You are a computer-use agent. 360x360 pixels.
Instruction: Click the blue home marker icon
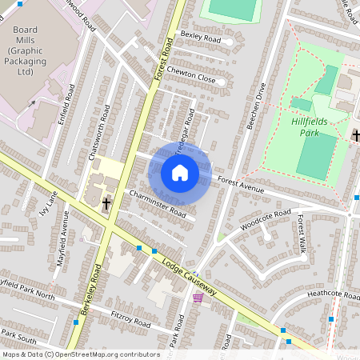point(180,173)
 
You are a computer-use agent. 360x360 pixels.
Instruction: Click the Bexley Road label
point(200,38)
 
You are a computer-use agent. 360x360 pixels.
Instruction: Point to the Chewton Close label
point(192,74)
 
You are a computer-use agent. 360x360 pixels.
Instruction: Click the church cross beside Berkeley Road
point(106,203)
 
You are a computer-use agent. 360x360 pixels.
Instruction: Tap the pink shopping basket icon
point(198,298)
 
